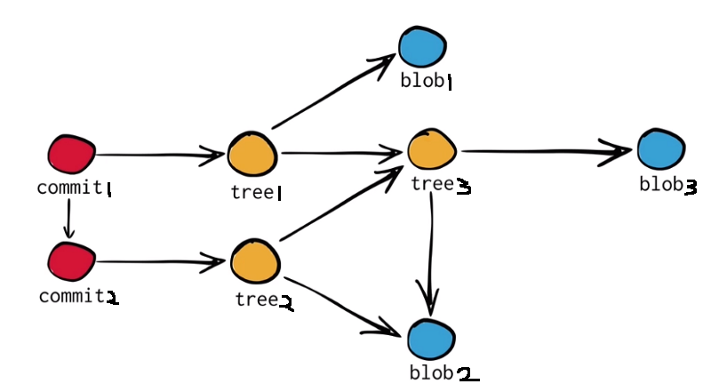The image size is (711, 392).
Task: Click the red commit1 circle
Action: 70,156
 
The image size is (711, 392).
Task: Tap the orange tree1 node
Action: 252,156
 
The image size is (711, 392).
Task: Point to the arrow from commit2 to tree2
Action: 160,262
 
